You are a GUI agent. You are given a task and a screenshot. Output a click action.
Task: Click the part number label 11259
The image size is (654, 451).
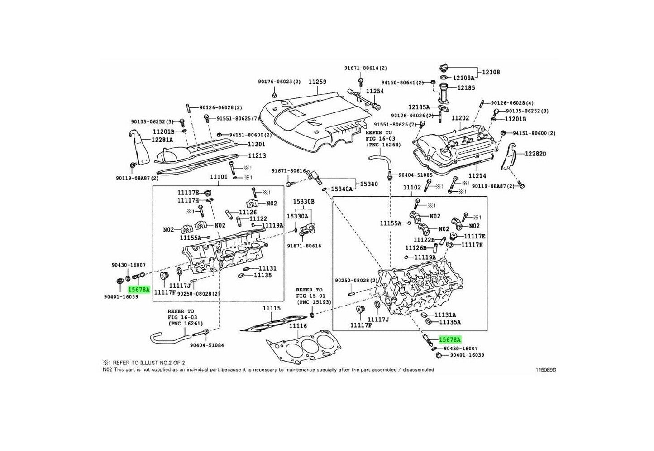tap(317, 82)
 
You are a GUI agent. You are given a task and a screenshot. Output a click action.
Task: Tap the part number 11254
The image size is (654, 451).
tap(375, 91)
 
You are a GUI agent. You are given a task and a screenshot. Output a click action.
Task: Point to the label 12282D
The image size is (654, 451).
tap(535, 154)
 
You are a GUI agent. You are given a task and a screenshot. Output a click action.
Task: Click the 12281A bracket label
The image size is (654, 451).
tap(162, 140)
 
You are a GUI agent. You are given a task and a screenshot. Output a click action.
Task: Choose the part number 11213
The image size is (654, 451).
tap(257, 156)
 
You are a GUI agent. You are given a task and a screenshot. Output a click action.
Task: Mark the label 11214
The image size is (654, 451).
tap(477, 176)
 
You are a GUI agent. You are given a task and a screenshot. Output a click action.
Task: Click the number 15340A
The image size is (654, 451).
tap(342, 189)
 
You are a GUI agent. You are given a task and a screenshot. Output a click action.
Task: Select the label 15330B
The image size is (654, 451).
tap(304, 201)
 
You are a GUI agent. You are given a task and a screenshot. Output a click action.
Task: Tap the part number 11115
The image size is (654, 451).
tap(272, 308)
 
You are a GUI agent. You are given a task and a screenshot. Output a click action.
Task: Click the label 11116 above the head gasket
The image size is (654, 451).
tap(298, 326)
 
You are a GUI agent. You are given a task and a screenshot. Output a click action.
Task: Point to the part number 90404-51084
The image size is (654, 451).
tap(206, 345)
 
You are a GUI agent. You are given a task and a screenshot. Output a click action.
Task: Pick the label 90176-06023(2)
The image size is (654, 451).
tap(279, 82)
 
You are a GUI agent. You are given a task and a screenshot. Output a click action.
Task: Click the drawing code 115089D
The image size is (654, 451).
tap(546, 370)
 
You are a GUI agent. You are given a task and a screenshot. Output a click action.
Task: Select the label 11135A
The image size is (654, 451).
tap(450, 322)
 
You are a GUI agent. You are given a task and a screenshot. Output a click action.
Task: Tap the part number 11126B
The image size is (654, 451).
tap(415, 248)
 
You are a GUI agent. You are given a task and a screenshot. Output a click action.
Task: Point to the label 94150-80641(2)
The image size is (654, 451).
tap(402, 82)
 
